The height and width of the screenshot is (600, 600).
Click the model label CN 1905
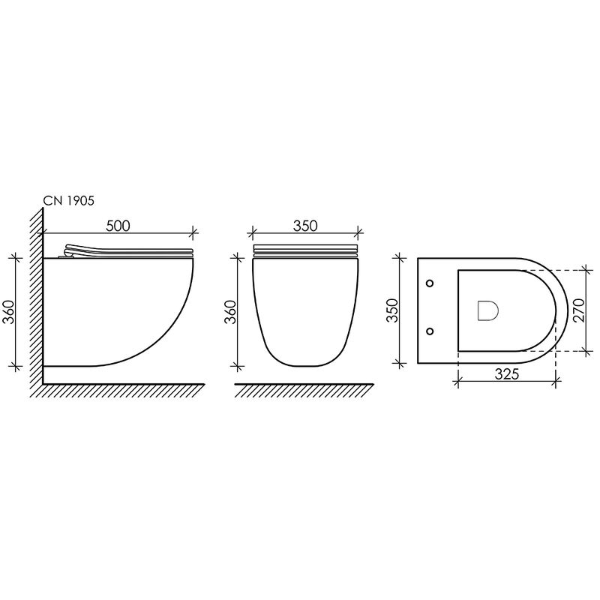click(x=68, y=201)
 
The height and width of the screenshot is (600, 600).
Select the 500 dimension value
click(x=118, y=226)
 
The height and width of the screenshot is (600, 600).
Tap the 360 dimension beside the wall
click(x=9, y=312)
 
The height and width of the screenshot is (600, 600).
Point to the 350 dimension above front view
click(x=305, y=226)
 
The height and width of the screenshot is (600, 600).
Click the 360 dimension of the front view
click(x=230, y=312)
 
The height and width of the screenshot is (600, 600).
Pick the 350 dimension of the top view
click(x=392, y=310)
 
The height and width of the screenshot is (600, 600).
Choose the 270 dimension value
click(x=578, y=310)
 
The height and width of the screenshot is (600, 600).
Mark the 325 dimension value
click(x=507, y=373)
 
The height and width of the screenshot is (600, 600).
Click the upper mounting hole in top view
click(x=430, y=283)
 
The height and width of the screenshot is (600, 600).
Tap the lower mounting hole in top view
click(x=430, y=331)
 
